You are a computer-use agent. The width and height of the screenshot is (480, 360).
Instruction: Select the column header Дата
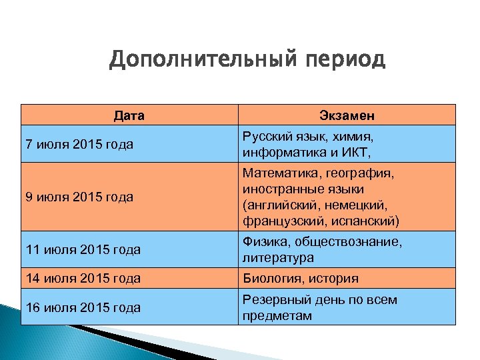pos(129,115)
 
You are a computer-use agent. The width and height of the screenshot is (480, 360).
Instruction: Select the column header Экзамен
pos(346,115)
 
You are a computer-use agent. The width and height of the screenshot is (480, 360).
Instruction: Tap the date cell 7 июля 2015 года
pos(79,144)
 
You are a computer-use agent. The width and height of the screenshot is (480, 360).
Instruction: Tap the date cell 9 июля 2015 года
pos(79,197)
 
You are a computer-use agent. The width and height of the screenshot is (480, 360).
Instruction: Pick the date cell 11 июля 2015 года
pos(82,249)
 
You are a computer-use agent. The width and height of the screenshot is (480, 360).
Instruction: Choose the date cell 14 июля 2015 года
pos(82,279)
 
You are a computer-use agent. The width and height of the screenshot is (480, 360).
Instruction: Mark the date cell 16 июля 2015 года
pos(82,307)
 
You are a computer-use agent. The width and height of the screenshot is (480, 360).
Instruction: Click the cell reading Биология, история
pos(301,279)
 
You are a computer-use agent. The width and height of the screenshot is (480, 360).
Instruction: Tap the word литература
pos(278,257)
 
